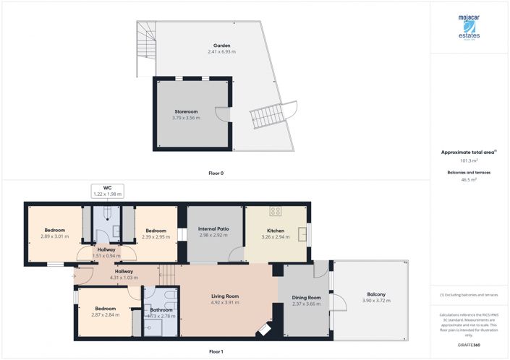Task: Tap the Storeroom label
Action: [186, 111]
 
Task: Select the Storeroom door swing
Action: [226, 117]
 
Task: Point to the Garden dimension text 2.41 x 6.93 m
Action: [221, 52]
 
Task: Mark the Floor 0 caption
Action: [215, 173]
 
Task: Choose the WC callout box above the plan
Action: [107, 191]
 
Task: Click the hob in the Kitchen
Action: [275, 212]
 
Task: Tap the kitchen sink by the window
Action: [303, 233]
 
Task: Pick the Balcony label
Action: [376, 294]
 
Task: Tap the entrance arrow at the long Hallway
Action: [75, 275]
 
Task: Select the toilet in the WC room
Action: [106, 212]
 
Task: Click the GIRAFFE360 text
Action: [469, 345]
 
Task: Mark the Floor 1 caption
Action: [215, 351]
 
